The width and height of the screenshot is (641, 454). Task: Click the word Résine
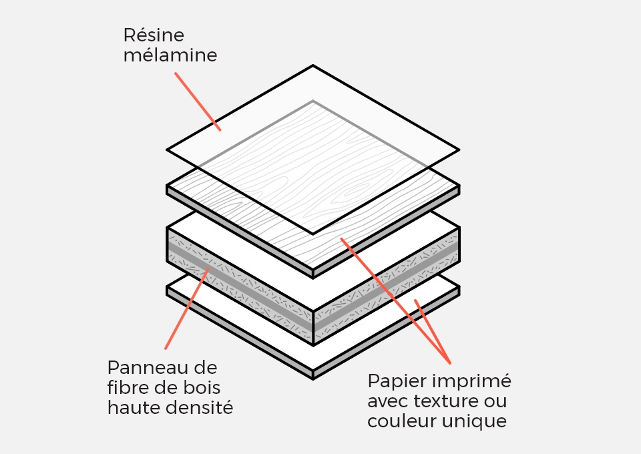pos(154,35)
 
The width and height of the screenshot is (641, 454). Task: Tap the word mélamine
pos(170,55)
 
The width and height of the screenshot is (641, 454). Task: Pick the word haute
pos(132,407)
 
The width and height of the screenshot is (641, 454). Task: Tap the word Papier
pos(394,382)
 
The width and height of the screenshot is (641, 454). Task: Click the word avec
pos(387,401)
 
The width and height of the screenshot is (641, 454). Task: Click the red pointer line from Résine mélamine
pos(198,101)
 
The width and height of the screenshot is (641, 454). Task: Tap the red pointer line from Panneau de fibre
pos(187,309)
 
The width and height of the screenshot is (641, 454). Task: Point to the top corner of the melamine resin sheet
pos(313,65)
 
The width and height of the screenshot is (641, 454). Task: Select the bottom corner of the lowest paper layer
pos(313,379)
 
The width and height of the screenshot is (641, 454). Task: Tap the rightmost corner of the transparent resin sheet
pos(459,150)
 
